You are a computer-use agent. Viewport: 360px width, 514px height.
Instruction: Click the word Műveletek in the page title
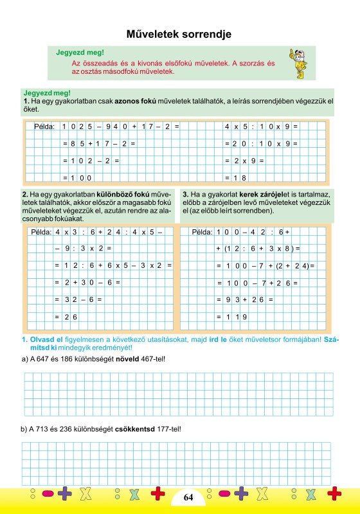[154, 34]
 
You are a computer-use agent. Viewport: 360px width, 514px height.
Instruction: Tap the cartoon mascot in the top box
[297, 62]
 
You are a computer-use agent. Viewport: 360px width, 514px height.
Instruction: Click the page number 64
[188, 497]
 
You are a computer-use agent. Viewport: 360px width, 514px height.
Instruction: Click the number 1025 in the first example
[78, 127]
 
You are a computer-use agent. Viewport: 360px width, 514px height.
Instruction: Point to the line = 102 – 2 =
[91, 161]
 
